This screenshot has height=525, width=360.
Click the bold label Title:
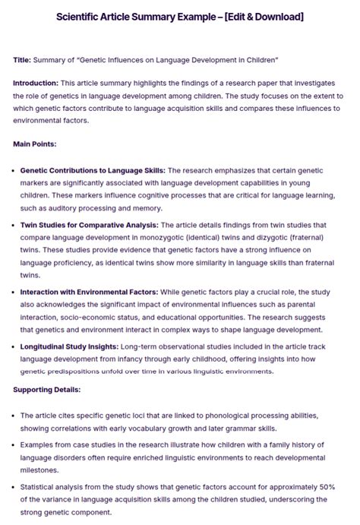(x=24, y=59)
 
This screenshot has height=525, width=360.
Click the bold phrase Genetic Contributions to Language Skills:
(x=93, y=170)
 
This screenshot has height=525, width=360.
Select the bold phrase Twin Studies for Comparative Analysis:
(x=90, y=225)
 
